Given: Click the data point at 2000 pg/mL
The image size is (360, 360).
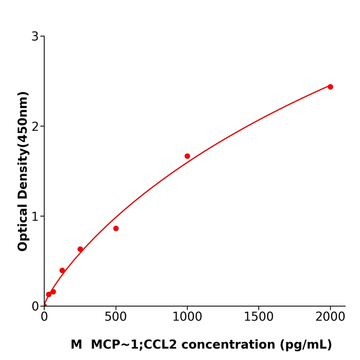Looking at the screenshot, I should click(330, 87).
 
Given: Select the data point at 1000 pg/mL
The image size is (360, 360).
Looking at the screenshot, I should click(187, 156).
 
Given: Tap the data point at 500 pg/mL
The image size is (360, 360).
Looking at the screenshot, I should click(116, 228).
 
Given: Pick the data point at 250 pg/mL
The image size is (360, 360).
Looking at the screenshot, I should click(80, 249).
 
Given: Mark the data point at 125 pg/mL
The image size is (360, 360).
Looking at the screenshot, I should click(62, 271).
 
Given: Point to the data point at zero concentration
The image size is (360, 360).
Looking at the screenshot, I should click(44, 305).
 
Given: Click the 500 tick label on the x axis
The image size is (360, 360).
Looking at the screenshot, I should click(116, 317).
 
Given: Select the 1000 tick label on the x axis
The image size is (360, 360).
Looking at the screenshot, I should click(187, 317).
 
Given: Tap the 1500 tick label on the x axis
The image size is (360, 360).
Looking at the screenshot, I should click(259, 317).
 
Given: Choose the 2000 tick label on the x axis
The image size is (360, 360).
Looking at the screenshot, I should click(330, 317).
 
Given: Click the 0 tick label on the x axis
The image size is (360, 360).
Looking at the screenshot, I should click(44, 317).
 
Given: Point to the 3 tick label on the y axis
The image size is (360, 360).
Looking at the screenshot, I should click(35, 37).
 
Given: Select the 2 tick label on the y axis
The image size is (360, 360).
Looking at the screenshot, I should click(35, 127).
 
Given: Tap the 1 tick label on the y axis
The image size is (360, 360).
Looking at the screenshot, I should click(35, 217).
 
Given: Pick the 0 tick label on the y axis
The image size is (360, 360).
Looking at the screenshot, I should click(35, 307).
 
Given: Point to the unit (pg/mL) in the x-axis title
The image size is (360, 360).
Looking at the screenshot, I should click(307, 345).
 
